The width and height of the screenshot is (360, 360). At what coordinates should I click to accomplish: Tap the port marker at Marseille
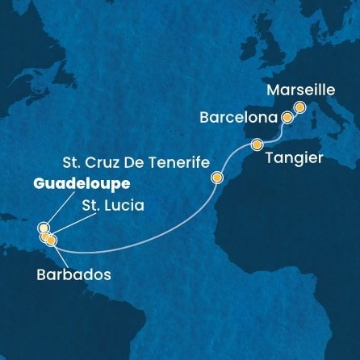(x=300, y=107)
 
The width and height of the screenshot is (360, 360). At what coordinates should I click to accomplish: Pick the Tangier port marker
(x=257, y=145)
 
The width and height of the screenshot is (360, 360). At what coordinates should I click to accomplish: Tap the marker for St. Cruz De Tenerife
(x=216, y=177)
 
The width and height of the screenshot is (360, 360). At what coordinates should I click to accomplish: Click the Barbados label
(x=73, y=274)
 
